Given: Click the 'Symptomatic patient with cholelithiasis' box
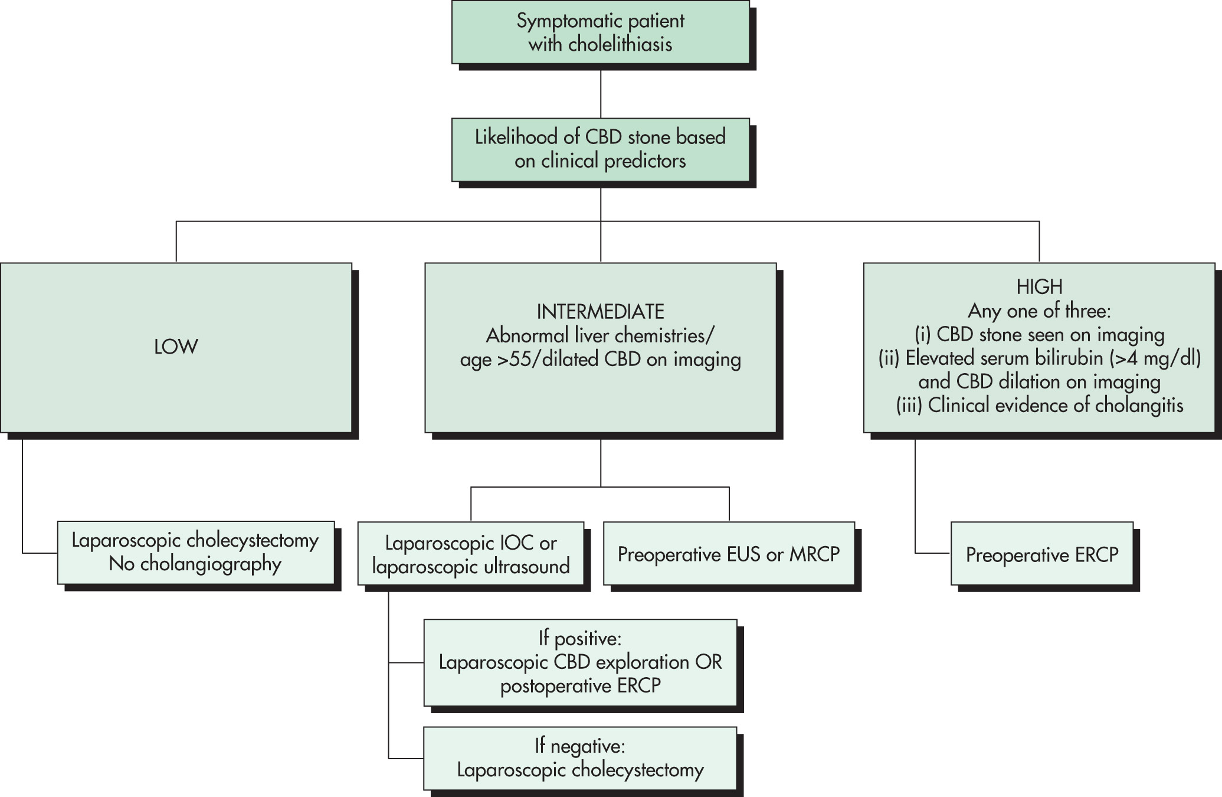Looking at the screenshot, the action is [x=601, y=32].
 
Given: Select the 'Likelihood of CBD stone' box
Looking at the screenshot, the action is [x=601, y=149].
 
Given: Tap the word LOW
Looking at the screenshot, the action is [x=176, y=347].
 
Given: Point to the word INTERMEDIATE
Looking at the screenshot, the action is [x=600, y=312].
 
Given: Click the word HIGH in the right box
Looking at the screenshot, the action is [x=1039, y=287].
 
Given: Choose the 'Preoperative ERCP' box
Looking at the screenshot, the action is [x=1042, y=553].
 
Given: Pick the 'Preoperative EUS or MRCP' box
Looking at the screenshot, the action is [x=729, y=553].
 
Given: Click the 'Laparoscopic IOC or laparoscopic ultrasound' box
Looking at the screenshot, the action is [x=471, y=553].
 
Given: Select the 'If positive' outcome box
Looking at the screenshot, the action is [x=581, y=662].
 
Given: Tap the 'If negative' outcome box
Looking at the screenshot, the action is [x=581, y=758].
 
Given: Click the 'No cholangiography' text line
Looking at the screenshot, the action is [x=195, y=564].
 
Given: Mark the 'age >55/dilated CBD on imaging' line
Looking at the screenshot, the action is [x=600, y=360].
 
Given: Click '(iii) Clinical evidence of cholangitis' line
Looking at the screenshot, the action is [x=1040, y=406].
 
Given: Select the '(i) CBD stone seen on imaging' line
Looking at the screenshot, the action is [x=1040, y=335].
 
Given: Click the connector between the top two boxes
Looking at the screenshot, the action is [x=601, y=91].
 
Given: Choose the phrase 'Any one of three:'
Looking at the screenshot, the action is [x=1039, y=311].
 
